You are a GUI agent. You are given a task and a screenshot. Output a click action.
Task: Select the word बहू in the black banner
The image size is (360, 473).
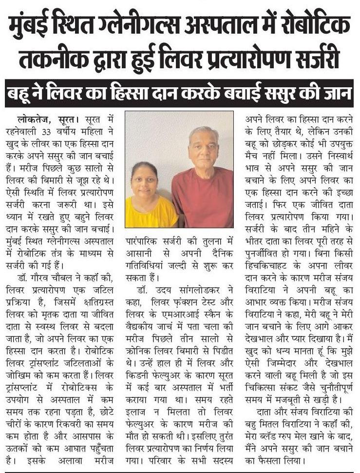coord(22,92)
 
